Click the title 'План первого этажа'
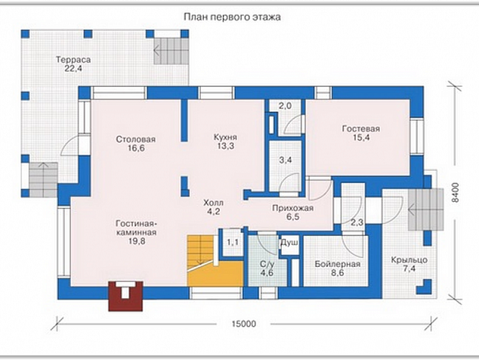point(232,17)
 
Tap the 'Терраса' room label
point(73,59)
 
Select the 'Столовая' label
point(136,139)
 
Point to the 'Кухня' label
point(225,137)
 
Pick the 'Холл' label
point(214,203)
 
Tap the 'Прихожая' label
point(292,208)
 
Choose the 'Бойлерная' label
point(338,264)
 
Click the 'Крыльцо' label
point(409,260)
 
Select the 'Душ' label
point(289,243)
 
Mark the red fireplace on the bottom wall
point(125,296)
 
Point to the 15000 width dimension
point(244,324)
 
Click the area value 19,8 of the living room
point(137,241)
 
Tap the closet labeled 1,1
point(233,243)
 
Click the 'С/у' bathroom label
point(267,264)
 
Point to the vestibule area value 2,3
point(357,222)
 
